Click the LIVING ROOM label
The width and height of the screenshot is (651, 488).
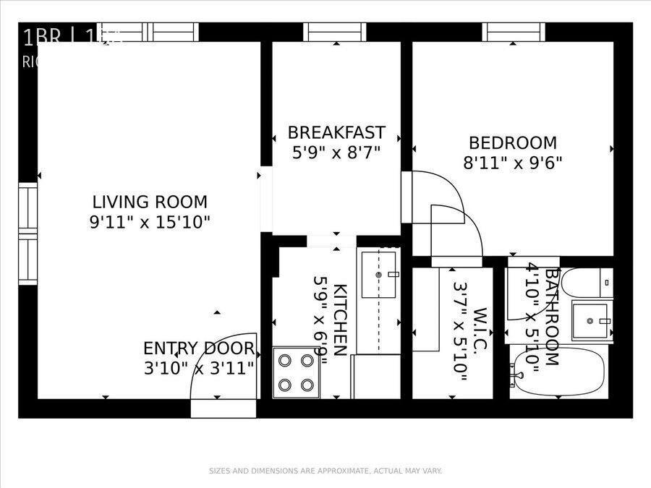150,202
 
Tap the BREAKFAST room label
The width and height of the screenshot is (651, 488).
336,132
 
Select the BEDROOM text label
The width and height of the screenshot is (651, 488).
513,142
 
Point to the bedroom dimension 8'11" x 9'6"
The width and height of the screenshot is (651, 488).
513,162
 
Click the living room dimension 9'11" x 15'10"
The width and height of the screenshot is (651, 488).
150,222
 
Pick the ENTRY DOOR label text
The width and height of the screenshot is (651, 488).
198,348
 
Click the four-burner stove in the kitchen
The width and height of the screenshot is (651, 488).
297,372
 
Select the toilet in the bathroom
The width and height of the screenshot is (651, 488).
588,283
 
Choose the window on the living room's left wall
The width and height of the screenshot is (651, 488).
27,234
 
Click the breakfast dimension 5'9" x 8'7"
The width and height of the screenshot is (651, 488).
336,153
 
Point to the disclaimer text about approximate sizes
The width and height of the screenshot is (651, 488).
325,471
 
